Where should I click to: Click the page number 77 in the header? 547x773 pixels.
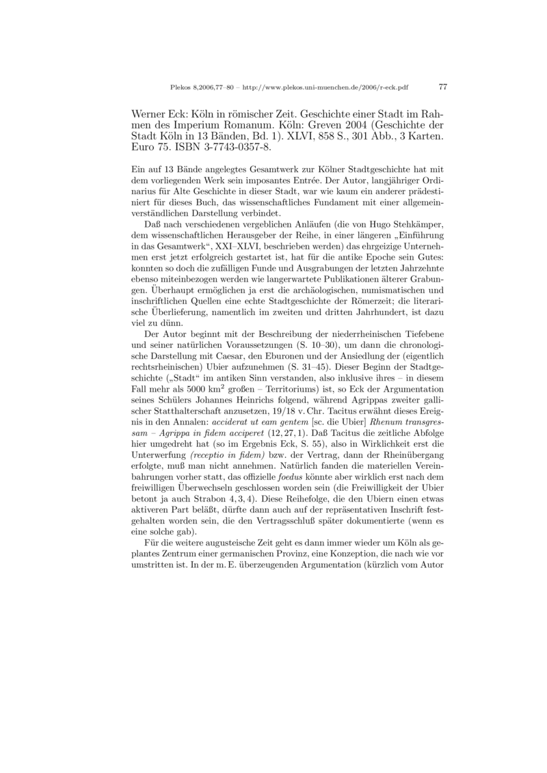point(442,87)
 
